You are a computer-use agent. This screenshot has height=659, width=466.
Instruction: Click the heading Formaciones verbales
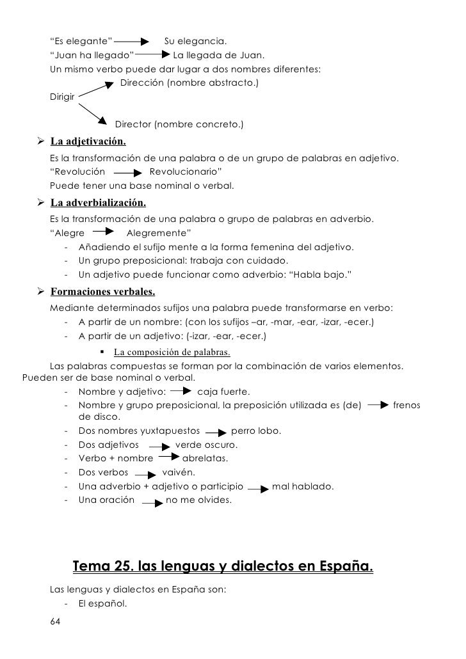point(102,292)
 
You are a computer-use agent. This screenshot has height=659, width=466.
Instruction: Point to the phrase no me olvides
point(198,500)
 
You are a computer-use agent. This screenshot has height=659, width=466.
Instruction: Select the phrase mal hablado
point(302,486)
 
